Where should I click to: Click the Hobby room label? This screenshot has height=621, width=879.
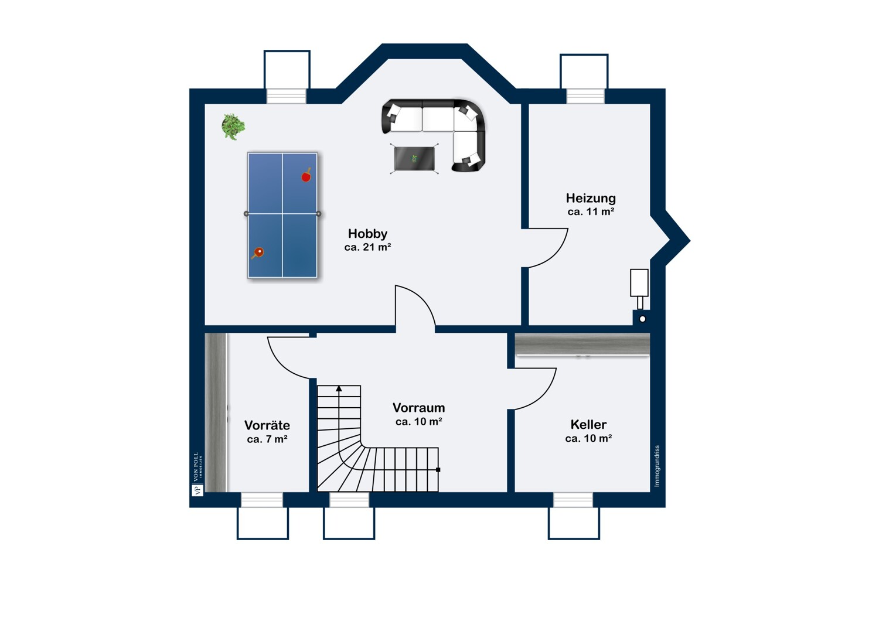(367, 234)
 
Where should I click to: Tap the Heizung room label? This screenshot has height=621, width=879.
(591, 198)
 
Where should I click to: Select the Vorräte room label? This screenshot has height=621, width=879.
(267, 425)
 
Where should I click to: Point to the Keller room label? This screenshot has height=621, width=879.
(588, 425)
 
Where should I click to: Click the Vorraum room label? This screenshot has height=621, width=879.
(418, 408)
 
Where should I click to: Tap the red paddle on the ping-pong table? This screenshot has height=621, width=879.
(306, 176)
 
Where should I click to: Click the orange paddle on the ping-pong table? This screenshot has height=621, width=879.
(258, 253)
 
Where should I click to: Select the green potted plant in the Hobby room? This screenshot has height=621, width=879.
(233, 127)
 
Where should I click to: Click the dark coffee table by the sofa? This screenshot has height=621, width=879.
(414, 159)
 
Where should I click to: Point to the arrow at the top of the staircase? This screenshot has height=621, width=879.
(339, 388)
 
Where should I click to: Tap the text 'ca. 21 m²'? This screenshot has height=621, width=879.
(367, 247)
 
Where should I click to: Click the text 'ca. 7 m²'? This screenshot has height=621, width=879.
(267, 439)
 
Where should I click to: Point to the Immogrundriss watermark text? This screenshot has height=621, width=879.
(657, 466)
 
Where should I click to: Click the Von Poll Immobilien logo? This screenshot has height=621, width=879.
(197, 475)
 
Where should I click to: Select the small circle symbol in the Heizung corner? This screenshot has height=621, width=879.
(642, 319)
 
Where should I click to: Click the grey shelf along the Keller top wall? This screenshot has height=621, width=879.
(582, 344)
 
